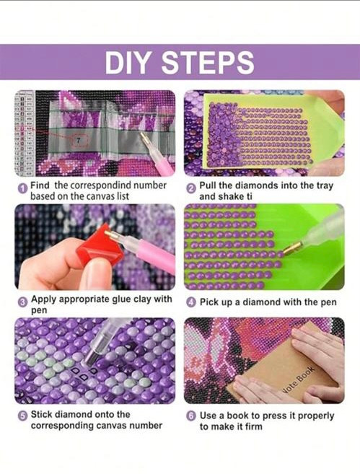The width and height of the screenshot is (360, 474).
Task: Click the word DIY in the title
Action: coord(127,63)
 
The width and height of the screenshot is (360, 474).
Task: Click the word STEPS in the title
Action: coord(207,63)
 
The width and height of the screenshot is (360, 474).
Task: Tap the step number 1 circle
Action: coord(22,189)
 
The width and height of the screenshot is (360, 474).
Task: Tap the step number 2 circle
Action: coord(191,189)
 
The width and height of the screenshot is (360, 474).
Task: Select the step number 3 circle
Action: coord(22,302)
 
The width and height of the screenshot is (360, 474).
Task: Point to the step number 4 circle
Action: coord(190,302)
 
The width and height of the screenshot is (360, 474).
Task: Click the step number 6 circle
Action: coord(190,416)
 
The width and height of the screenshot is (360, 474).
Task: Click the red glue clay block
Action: coord(100,247)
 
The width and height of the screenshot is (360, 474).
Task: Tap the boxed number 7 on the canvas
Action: coord(79,140)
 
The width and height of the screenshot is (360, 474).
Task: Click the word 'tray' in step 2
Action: coord(325,186)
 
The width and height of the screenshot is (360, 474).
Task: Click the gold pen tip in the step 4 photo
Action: coord(294,248)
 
